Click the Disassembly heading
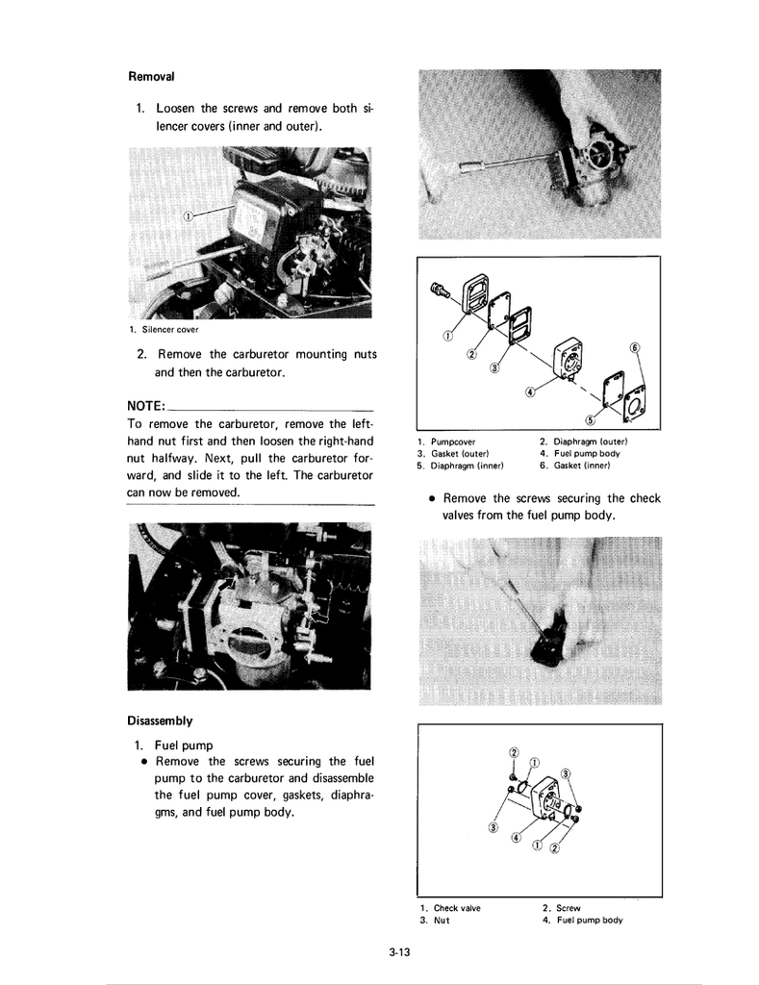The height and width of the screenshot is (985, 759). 160,720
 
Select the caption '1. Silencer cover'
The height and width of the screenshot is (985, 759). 164,330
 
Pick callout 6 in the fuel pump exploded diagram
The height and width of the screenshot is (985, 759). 634,347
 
